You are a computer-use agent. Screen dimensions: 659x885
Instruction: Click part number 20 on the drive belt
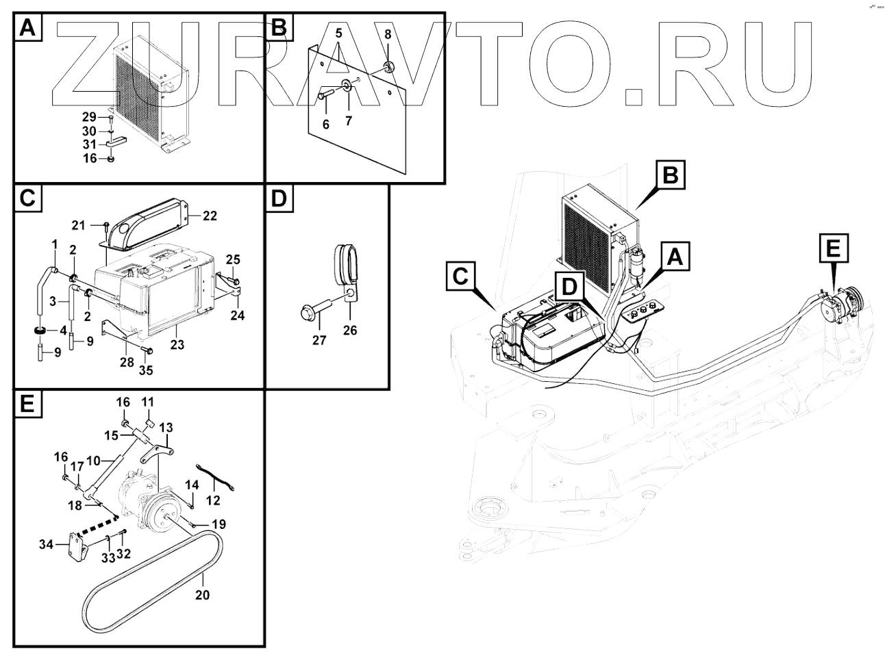click(202, 595)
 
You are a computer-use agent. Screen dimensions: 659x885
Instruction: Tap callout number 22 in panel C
click(210, 216)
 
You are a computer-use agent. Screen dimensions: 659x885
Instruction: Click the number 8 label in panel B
click(388, 34)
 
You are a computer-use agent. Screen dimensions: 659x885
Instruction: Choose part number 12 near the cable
click(213, 500)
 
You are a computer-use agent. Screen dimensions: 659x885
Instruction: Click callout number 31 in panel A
click(90, 144)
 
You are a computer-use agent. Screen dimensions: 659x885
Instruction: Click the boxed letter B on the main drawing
click(671, 175)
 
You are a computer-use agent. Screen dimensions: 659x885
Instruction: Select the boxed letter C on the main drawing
click(460, 276)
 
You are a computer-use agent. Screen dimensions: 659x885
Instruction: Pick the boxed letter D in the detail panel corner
click(278, 198)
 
